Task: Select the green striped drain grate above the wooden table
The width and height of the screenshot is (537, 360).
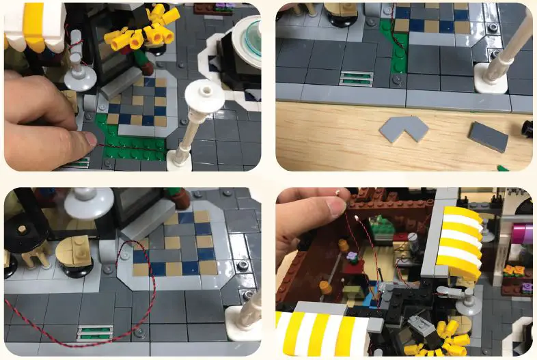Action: click(x=356, y=78)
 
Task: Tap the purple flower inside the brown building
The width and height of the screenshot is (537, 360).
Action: click(x=352, y=257)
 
